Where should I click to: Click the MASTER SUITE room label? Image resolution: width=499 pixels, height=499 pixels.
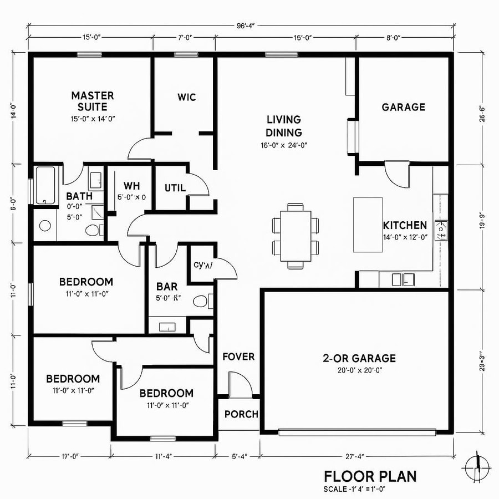[93, 101]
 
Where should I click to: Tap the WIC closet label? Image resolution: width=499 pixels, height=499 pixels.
[186, 97]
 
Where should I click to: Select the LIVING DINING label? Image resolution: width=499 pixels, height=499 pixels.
[283, 126]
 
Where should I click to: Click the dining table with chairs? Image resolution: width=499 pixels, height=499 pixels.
[296, 236]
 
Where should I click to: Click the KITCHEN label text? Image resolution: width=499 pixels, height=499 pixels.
[405, 225]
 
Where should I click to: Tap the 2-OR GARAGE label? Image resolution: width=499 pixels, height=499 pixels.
[359, 358]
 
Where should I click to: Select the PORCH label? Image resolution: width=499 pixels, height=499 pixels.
[241, 414]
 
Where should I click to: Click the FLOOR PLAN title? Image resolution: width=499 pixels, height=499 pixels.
[370, 476]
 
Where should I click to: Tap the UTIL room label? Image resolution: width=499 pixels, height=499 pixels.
[175, 188]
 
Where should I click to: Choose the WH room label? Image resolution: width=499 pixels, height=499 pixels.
[131, 185]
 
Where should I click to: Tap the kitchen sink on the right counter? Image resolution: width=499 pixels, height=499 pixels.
[442, 230]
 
